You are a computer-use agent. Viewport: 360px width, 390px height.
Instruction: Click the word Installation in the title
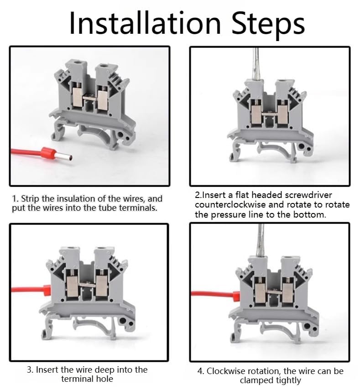145,23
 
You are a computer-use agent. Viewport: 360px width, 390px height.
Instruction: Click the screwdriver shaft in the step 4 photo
260,239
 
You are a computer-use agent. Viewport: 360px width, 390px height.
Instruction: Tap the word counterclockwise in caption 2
240,205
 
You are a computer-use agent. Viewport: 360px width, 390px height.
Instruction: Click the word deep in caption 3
104,370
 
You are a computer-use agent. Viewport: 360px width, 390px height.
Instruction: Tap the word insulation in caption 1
76,199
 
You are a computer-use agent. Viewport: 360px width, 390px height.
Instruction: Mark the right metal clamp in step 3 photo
101,286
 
